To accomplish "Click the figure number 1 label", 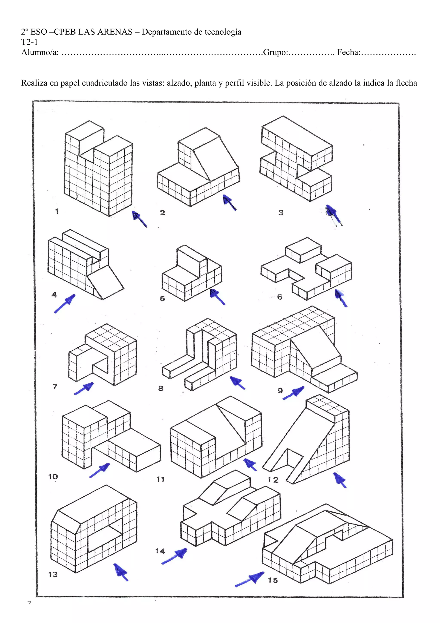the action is pos(57,211).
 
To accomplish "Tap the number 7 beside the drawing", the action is pos(55,386).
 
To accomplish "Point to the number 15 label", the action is pos(273,580).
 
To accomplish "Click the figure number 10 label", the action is pos(53,476).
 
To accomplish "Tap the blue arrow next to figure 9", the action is pos(293,393).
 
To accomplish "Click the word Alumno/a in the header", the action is pos(40,52).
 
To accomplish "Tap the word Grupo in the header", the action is pos(275,52).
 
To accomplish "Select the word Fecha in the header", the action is pos(348,52).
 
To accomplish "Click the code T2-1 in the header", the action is pos(29,42).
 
